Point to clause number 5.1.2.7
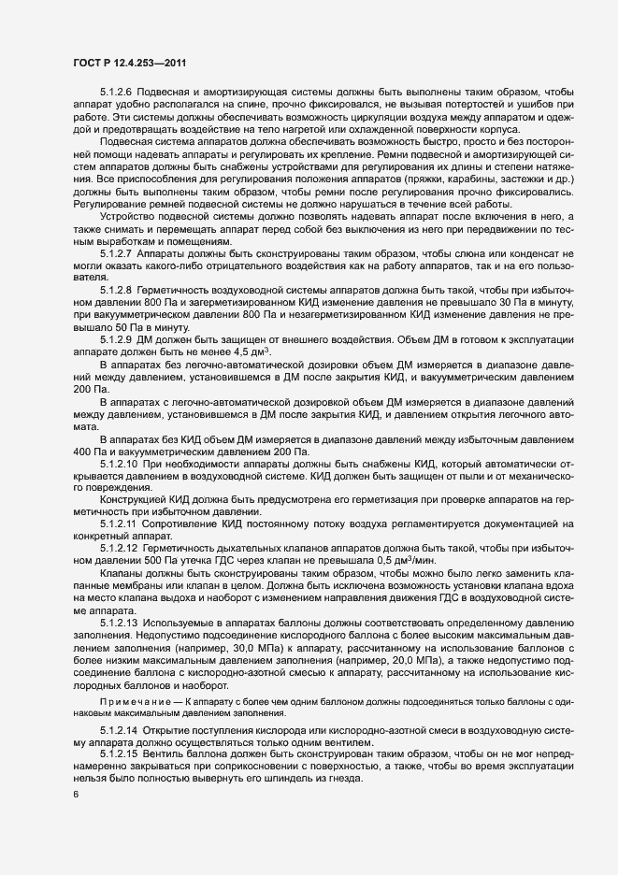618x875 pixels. [117, 254]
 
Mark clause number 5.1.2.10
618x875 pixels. [120, 463]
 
